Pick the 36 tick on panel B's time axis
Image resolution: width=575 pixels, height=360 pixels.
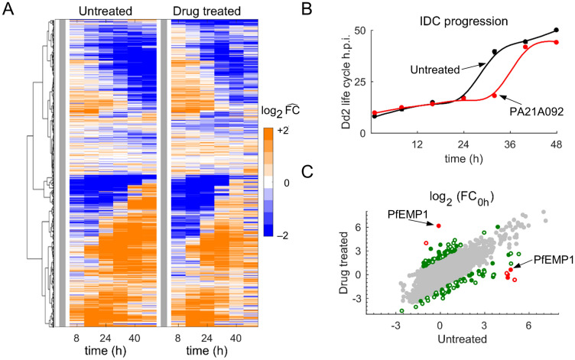(x=510, y=142)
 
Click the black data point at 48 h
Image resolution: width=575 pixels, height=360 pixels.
(x=556, y=31)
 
